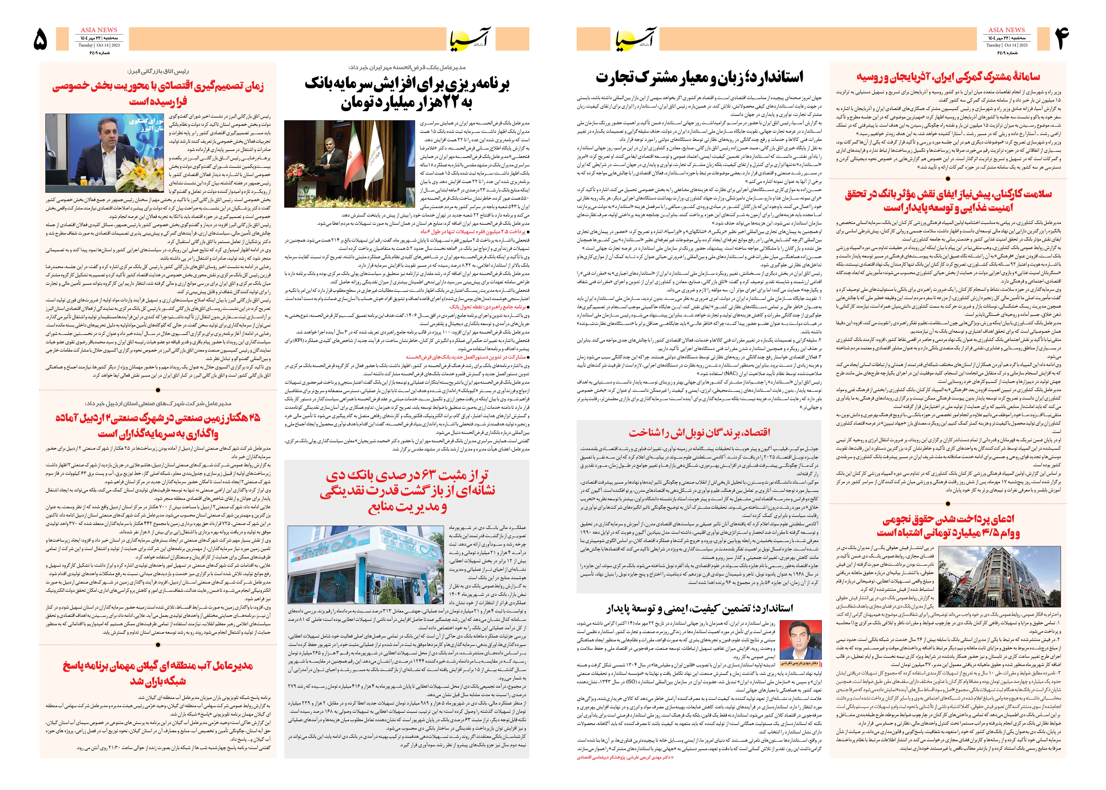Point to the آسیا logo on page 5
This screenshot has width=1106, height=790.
(469, 39)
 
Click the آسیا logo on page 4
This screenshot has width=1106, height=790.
(636, 39)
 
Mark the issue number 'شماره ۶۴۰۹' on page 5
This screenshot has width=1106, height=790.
(99, 53)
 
